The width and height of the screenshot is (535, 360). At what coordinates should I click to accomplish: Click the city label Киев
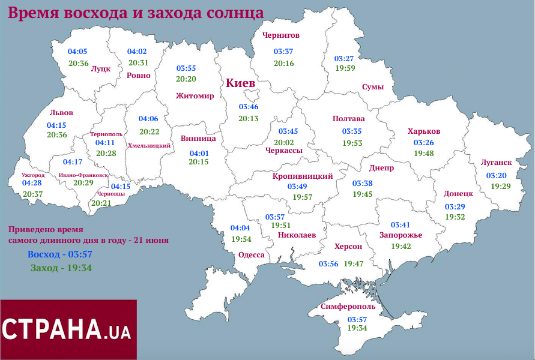pyautogui.click(x=240, y=83)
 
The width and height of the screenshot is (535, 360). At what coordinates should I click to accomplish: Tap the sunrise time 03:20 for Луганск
pyautogui.click(x=496, y=175)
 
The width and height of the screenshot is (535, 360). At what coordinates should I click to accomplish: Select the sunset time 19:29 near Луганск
pyautogui.click(x=500, y=187)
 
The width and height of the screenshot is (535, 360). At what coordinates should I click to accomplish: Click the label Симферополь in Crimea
pyautogui.click(x=348, y=307)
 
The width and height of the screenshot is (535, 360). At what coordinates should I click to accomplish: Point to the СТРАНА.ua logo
pyautogui.click(x=68, y=329)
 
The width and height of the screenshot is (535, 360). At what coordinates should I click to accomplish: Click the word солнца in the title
pyautogui.click(x=231, y=13)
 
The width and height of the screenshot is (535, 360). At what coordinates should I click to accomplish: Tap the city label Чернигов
pyautogui.click(x=280, y=35)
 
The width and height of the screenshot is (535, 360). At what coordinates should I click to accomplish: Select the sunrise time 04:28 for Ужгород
pyautogui.click(x=32, y=182)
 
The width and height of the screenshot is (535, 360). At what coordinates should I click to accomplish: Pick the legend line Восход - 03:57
pyautogui.click(x=60, y=254)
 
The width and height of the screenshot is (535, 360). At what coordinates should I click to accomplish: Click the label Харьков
pyautogui.click(x=424, y=131)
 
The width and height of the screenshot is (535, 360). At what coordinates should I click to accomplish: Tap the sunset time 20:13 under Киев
pyautogui.click(x=248, y=119)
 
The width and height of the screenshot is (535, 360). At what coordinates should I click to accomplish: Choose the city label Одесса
pyautogui.click(x=251, y=254)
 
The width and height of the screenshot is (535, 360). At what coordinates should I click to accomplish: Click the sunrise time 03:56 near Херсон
pyautogui.click(x=328, y=264)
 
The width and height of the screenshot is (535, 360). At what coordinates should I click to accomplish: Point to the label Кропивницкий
pyautogui.click(x=303, y=176)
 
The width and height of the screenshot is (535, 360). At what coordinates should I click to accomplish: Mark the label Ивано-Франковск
pyautogui.click(x=84, y=175)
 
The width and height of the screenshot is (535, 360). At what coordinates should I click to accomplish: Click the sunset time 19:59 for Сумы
pyautogui.click(x=345, y=68)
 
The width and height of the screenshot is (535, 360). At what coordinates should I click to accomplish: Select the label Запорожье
pyautogui.click(x=400, y=235)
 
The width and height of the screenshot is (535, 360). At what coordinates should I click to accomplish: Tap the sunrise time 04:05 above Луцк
pyautogui.click(x=77, y=52)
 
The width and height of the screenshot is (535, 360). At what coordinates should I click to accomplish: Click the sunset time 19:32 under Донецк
pyautogui.click(x=455, y=217)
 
